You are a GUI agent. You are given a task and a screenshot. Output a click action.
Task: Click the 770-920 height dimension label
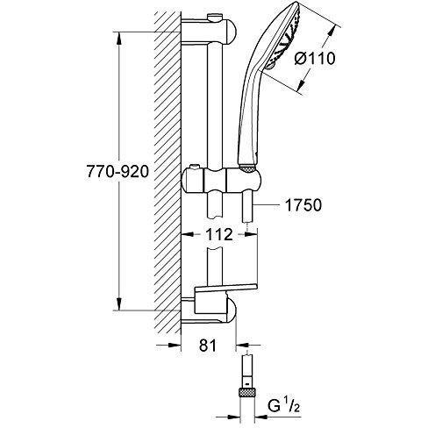click(x=118, y=171)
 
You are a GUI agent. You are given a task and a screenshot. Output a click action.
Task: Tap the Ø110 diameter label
click(x=315, y=58)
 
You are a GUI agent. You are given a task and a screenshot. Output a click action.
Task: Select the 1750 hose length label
click(x=303, y=205)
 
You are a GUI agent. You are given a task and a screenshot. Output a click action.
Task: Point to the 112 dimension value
click(x=219, y=234)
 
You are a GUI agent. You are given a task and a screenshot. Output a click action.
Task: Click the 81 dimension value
click(x=208, y=346)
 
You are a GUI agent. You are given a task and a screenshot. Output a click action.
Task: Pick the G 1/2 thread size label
click(x=284, y=405)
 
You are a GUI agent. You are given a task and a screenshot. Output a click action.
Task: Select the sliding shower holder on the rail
click(x=221, y=182)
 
